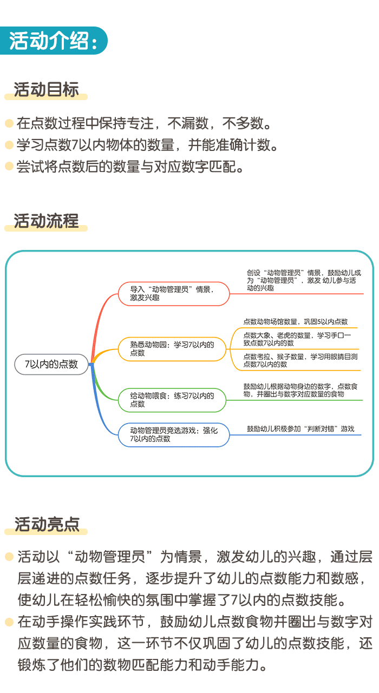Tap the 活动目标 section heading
click(47, 90)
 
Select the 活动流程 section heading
click(47, 221)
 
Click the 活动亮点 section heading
click(47, 524)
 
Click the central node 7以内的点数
click(52, 364)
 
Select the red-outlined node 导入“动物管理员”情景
click(173, 293)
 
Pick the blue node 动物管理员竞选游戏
click(174, 434)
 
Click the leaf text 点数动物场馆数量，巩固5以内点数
click(296, 322)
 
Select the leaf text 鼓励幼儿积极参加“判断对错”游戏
click(300, 429)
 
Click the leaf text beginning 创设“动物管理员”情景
click(303, 280)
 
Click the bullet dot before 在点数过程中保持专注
click(9, 123)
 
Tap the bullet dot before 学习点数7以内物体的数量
click(9, 145)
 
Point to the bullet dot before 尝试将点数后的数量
click(9, 166)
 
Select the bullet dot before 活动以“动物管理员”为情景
click(9, 556)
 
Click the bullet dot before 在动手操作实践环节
click(9, 622)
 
